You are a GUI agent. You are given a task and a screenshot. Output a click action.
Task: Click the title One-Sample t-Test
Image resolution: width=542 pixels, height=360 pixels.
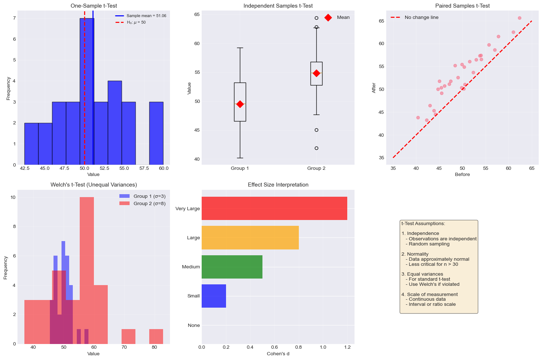(x=94, y=6)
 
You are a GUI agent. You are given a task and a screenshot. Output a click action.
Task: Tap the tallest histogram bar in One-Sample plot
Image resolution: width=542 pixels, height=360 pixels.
(x=87, y=91)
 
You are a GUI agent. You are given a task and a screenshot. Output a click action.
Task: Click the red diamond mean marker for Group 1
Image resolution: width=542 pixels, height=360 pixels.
(x=240, y=104)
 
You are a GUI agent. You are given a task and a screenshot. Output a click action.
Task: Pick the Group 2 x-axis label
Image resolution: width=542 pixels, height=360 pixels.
(x=316, y=168)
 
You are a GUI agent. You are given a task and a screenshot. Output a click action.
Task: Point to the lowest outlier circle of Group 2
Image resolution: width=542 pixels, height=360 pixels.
(x=316, y=148)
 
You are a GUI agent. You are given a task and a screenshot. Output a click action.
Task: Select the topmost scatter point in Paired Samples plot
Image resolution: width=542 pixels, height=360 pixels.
(x=519, y=18)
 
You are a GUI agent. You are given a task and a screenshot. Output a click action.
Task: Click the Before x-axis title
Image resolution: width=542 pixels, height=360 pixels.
(x=462, y=175)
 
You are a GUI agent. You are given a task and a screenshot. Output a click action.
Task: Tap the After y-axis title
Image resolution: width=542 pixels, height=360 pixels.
(x=374, y=88)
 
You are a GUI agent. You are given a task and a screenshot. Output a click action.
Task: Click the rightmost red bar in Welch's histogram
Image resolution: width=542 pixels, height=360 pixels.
(x=156, y=336)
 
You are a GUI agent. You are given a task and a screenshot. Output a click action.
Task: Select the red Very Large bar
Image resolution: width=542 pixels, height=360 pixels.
(x=274, y=208)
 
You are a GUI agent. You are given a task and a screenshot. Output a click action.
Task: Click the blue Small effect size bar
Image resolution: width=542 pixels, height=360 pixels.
(x=214, y=296)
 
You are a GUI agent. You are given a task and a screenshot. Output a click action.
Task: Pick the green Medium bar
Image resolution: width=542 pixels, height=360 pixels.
(x=232, y=267)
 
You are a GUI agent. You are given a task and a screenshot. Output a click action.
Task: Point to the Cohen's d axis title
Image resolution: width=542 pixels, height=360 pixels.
(x=278, y=354)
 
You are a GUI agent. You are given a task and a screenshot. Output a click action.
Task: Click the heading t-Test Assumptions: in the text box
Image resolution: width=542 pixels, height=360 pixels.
(x=423, y=224)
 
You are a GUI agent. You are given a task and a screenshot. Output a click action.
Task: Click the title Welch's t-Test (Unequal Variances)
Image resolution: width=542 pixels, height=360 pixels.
(x=94, y=185)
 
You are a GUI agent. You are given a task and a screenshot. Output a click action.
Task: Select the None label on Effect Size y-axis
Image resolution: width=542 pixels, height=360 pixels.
(x=194, y=325)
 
